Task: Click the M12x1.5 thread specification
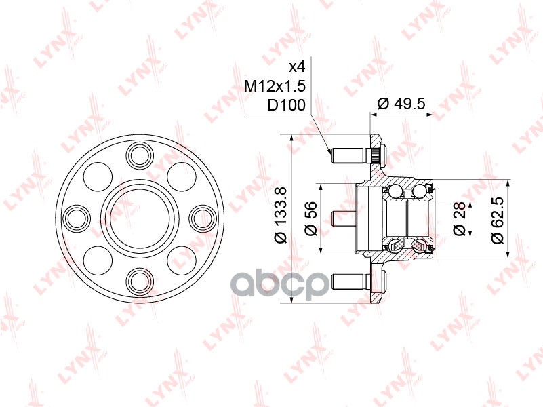pyautogui.click(x=275, y=85)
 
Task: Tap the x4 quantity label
pyautogui.click(x=297, y=67)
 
